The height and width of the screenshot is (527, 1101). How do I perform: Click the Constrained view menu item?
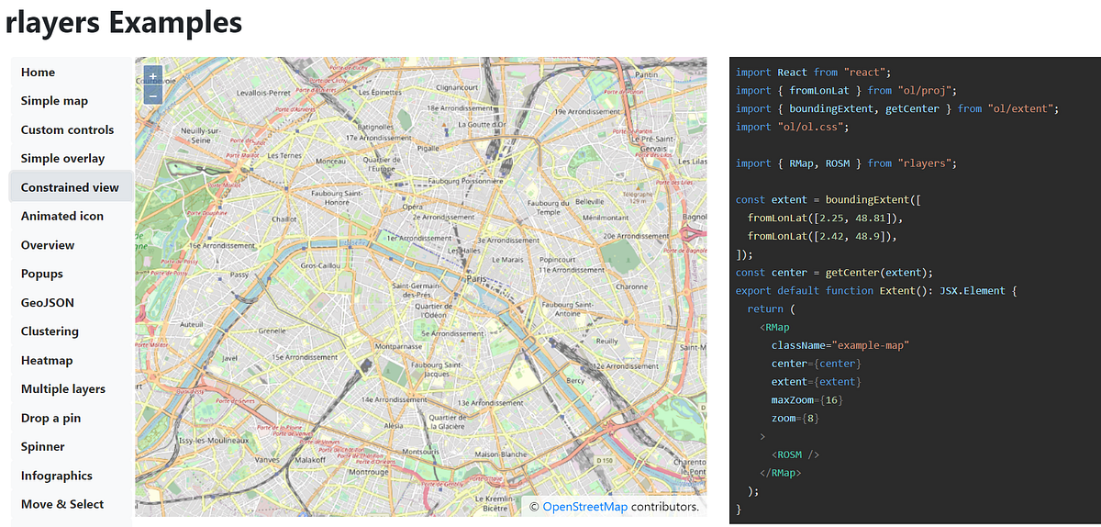coord(70,187)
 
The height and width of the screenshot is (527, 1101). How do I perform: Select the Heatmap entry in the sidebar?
coord(47,360)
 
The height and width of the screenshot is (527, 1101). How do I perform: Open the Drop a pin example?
coord(50,418)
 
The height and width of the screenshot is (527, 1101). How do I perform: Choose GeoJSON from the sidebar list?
coord(48,302)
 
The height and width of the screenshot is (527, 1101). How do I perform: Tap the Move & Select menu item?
coord(62,504)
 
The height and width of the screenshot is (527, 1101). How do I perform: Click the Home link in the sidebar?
coord(38,73)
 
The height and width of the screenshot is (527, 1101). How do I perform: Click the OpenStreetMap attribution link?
coord(585,507)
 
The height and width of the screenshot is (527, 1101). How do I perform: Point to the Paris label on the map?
coord(476,277)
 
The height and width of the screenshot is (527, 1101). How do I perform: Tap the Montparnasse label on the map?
coord(398,346)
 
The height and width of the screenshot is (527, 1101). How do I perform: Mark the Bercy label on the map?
coord(575,380)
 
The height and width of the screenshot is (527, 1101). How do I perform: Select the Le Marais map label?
coord(506,260)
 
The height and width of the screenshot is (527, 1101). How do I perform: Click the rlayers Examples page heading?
coord(124,22)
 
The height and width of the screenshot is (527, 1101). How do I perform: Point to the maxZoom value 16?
coord(831,400)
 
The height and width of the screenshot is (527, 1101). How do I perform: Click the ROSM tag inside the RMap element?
coord(795,454)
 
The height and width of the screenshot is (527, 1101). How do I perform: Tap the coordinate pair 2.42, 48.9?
coord(853,236)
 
